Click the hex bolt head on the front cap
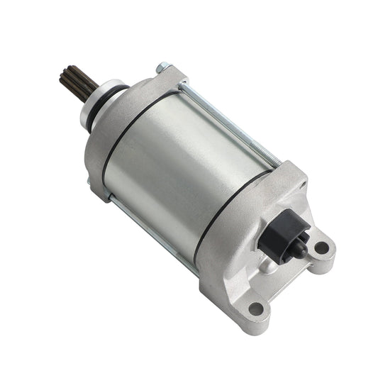click(162, 67)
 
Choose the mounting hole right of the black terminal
click(321, 248)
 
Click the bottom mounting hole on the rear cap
click(256, 309)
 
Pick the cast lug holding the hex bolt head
click(170, 74)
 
